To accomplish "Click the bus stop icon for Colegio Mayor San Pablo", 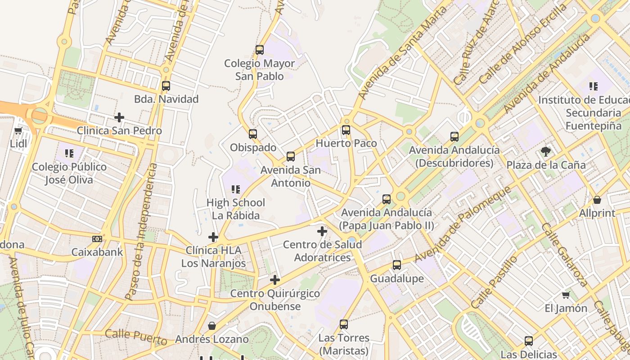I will tap(260, 50).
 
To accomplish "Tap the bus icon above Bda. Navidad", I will tap(166, 85).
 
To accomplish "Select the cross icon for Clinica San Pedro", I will tap(119, 117).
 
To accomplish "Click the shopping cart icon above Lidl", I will tap(18, 130).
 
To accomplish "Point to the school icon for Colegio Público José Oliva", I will tap(69, 153).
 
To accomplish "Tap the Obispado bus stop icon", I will tap(253, 134).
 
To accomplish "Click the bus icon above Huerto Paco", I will tap(346, 130).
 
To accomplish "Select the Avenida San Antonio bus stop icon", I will tap(291, 157).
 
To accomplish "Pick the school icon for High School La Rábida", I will tap(236, 189).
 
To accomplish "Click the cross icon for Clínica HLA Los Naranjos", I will tap(213, 237).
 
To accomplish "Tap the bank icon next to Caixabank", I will tap(97, 238).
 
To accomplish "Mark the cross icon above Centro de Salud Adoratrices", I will tap(322, 231).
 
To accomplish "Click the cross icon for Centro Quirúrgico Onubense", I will tap(275, 280).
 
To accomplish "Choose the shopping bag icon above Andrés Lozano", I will tap(212, 326).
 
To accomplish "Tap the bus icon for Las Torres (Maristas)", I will tap(344, 324).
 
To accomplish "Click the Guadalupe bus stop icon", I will tap(397, 265).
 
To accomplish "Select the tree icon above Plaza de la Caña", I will tap(546, 152).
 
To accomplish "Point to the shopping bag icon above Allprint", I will tap(597, 200).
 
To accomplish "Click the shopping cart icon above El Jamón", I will tap(566, 295).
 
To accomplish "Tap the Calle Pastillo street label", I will tap(495, 282).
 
